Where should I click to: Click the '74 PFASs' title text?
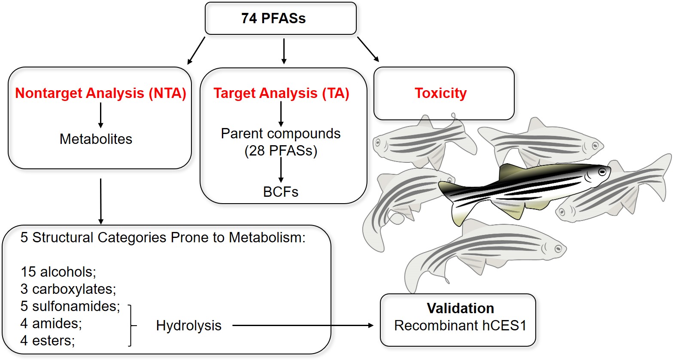273,18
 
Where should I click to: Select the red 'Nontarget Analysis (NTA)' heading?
100,93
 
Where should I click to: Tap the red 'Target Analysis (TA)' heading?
282,93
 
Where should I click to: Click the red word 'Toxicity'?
441,93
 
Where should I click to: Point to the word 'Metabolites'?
96,139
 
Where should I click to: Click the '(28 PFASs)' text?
281,151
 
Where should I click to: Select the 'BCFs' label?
280,192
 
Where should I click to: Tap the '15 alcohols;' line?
58,272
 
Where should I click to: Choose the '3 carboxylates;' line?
68,289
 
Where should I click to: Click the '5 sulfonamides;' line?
70,306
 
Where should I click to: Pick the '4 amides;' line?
51,323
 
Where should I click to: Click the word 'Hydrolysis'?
188,326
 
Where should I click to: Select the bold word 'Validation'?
460,308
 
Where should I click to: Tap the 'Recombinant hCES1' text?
460,326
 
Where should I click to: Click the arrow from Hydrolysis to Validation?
303,325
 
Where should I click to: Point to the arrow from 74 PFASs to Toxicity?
368,49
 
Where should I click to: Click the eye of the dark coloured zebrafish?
603,172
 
